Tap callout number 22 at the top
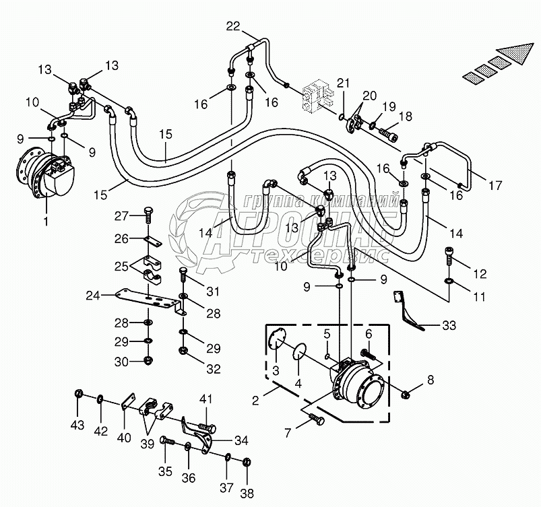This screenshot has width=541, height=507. (232, 26)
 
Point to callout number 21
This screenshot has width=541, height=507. (344, 83)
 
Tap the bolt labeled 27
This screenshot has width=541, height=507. (150, 215)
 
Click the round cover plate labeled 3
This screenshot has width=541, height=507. (275, 341)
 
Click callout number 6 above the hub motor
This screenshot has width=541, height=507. (369, 335)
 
